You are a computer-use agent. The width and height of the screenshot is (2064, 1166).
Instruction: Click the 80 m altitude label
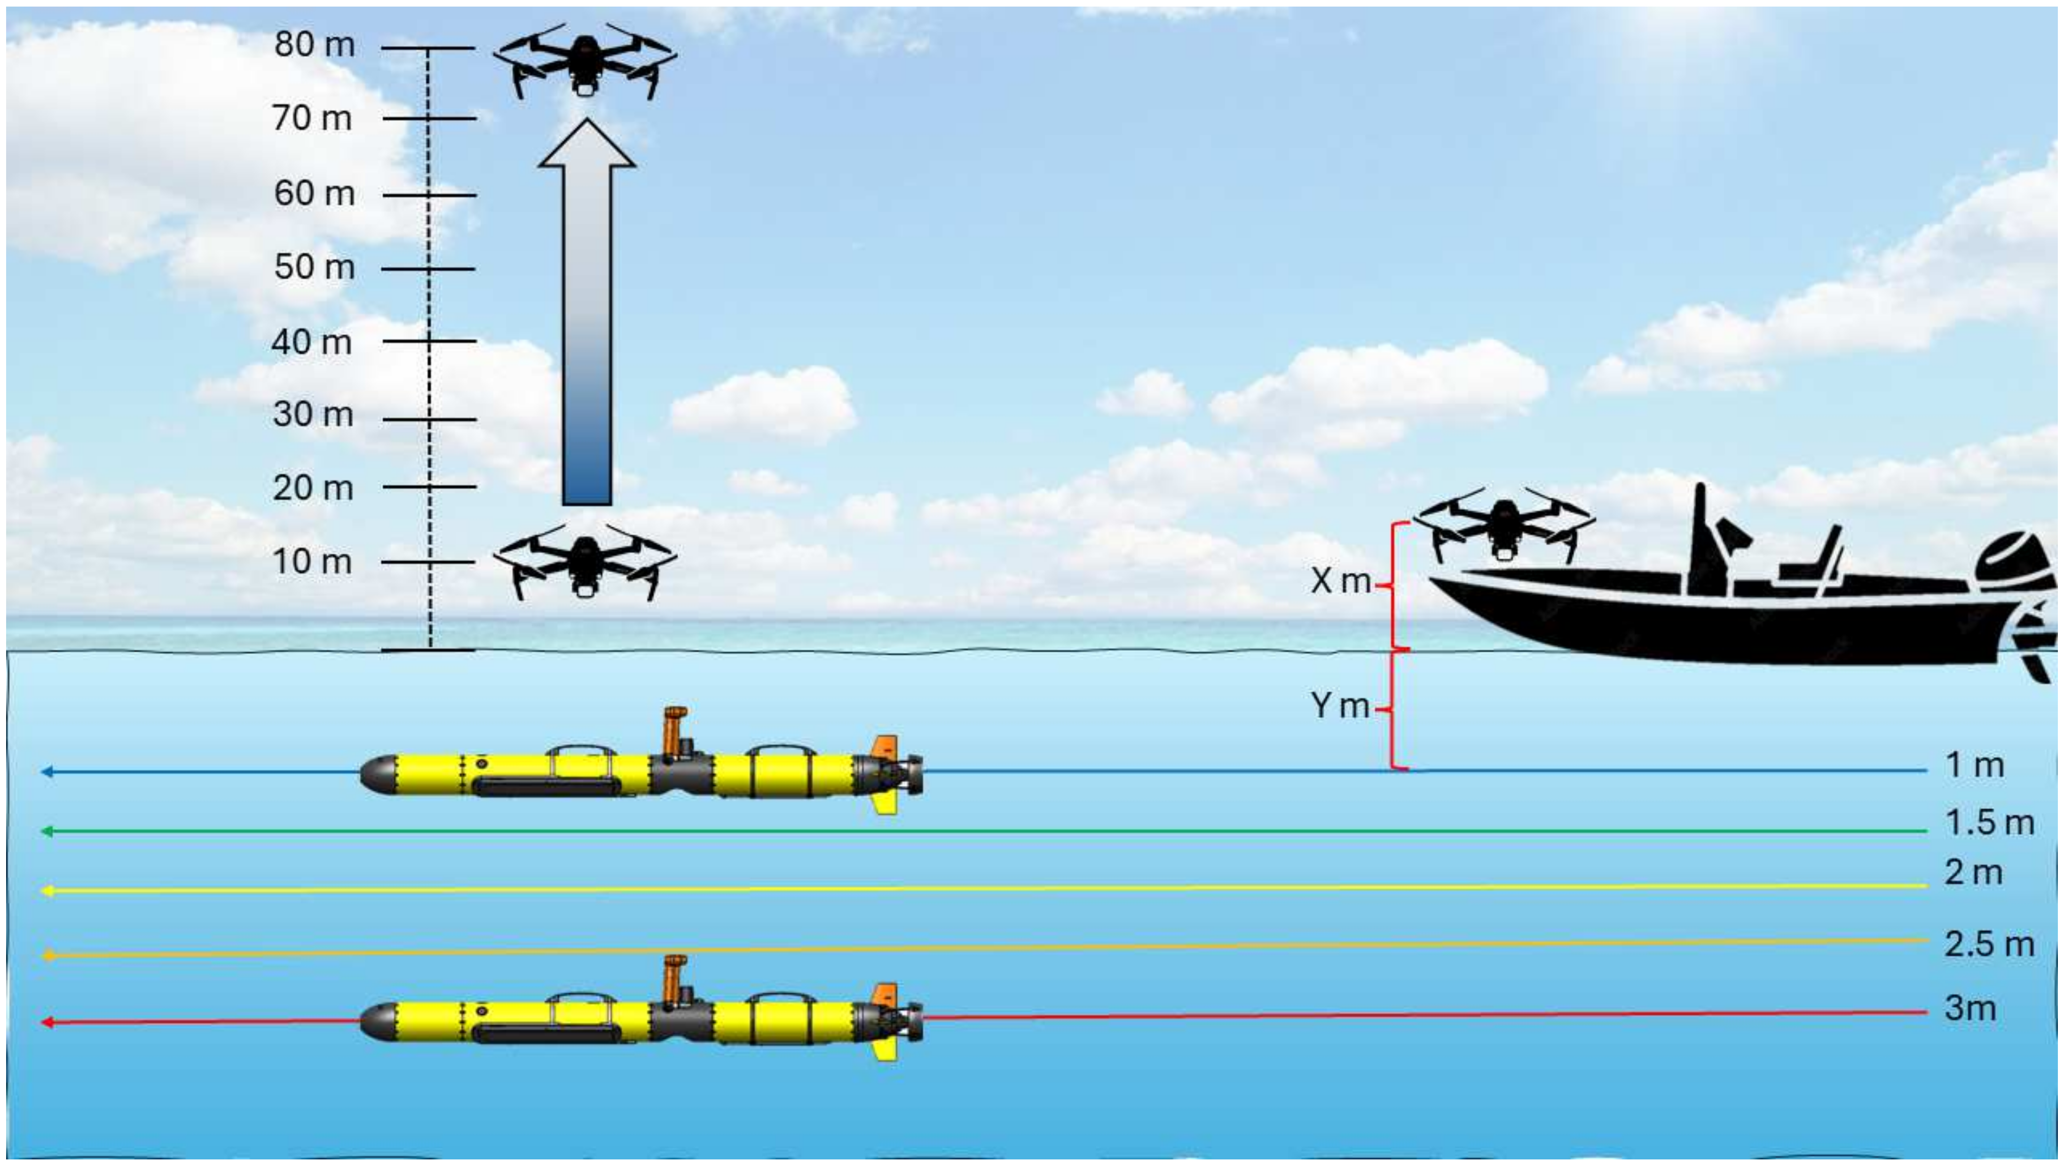click(314, 45)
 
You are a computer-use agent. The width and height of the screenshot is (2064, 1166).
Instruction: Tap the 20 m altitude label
click(312, 488)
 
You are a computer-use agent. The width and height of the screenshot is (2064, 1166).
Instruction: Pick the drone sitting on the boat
click(1503, 529)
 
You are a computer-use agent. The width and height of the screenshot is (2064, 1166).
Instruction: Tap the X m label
click(1340, 580)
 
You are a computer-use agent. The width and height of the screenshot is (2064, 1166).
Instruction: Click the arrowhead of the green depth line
click(47, 831)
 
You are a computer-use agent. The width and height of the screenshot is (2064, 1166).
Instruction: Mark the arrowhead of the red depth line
click(47, 1023)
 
